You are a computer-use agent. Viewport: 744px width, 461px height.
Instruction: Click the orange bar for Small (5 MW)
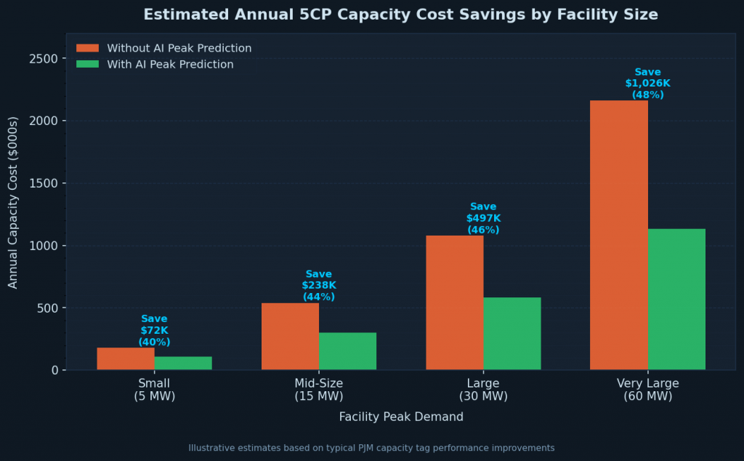[x=126, y=358]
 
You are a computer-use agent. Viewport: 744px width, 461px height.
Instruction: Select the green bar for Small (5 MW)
[x=183, y=363]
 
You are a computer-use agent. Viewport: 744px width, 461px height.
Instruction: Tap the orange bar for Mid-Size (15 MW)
[x=290, y=336]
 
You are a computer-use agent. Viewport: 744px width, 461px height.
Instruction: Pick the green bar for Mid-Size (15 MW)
[x=347, y=351]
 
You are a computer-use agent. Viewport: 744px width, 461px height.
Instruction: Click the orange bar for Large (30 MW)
[x=454, y=302]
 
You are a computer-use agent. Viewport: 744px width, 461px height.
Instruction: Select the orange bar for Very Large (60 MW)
[x=618, y=235]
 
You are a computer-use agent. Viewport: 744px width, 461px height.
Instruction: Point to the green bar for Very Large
[x=676, y=299]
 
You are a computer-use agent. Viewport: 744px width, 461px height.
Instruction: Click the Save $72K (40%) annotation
[x=154, y=330]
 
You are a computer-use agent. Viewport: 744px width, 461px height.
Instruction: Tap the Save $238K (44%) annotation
[x=318, y=285]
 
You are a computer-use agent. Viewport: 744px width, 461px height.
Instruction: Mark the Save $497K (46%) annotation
[x=483, y=218]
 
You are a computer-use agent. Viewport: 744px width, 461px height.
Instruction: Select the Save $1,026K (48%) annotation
[x=647, y=84]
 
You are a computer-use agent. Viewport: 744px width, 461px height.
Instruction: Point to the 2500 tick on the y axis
[x=44, y=58]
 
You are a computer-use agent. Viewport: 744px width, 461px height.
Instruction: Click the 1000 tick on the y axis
[x=44, y=246]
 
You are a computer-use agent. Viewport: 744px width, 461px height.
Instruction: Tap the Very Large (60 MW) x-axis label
[x=647, y=390]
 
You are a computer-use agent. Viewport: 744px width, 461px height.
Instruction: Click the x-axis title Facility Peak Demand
[x=401, y=417]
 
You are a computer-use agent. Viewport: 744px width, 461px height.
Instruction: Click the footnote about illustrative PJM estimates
[x=371, y=448]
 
